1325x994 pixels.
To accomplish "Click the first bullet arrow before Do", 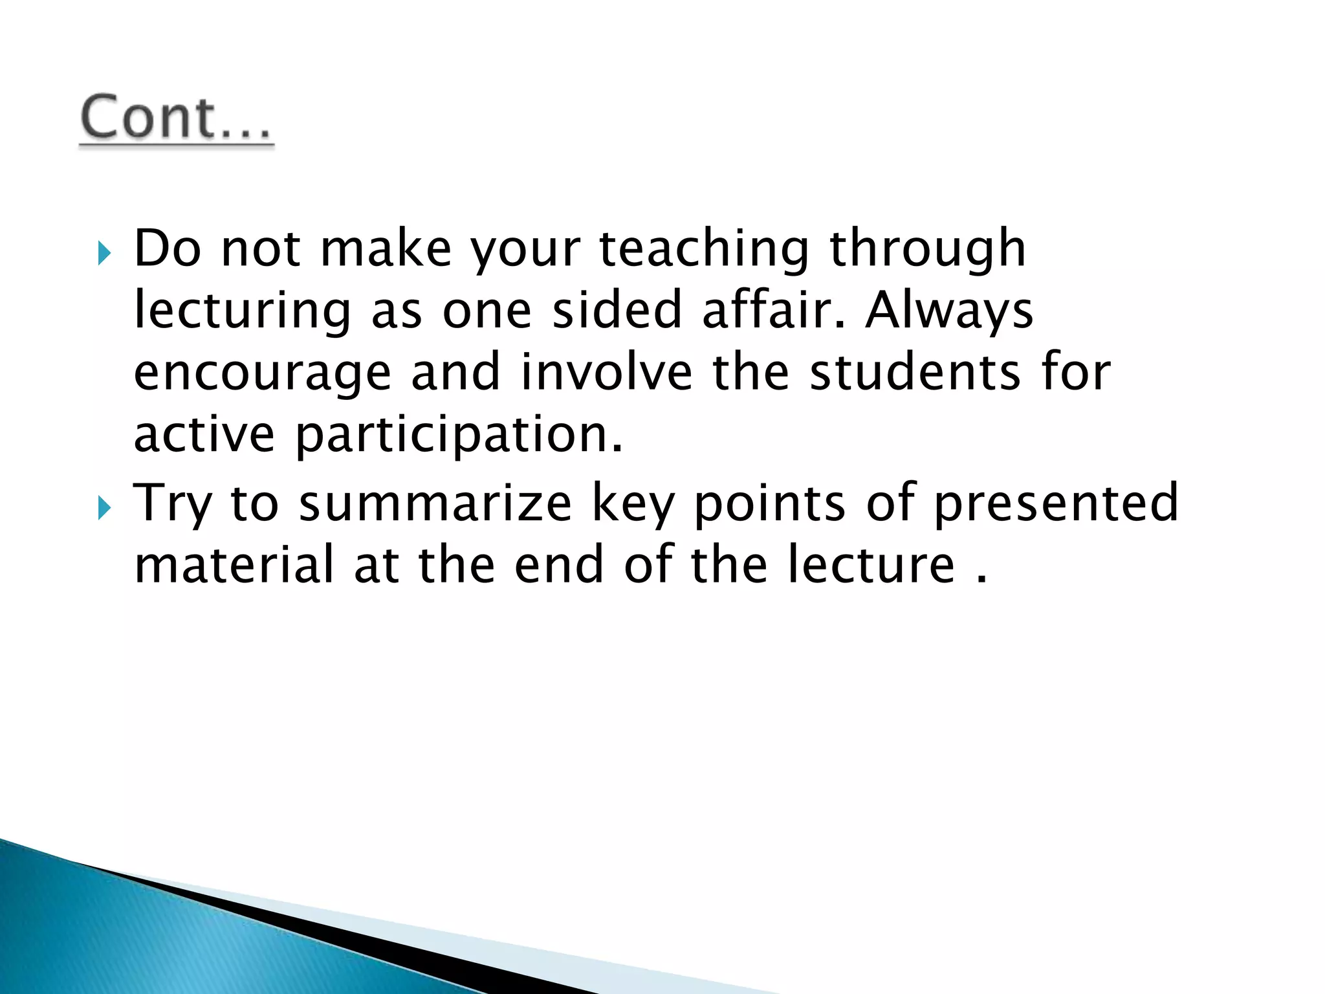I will [104, 253].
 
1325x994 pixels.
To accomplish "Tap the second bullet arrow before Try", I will [104, 508].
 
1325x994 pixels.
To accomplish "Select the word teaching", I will [703, 249].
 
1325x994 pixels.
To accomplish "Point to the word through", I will [927, 249].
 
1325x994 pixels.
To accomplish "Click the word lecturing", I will [242, 311].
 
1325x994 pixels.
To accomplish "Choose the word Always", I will [949, 311].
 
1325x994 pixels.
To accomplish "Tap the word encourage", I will [263, 374].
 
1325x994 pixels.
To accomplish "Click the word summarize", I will [435, 503].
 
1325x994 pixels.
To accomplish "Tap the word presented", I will [1056, 503].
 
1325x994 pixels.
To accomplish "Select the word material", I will [234, 564].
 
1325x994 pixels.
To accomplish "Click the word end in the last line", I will [559, 564].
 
